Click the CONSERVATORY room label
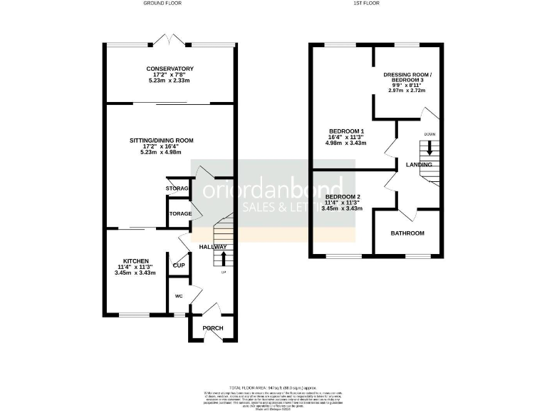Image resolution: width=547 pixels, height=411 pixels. pyautogui.click(x=167, y=68)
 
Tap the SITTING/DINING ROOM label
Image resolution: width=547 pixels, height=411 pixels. pyautogui.click(x=167, y=140)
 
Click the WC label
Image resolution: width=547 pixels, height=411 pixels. pyautogui.click(x=179, y=295)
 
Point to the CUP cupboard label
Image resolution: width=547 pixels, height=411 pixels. pyautogui.click(x=179, y=265)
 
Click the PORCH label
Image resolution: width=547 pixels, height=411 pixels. pyautogui.click(x=213, y=328)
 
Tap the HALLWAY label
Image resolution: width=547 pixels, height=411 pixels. pyautogui.click(x=212, y=247)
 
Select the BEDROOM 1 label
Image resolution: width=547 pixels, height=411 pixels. pyautogui.click(x=346, y=131)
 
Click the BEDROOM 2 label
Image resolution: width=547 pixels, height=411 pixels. pyautogui.click(x=343, y=196)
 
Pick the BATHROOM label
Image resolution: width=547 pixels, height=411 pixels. pyautogui.click(x=407, y=233)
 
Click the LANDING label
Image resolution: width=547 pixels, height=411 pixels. pyautogui.click(x=419, y=165)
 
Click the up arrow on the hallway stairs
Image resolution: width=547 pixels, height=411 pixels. pyautogui.click(x=224, y=258)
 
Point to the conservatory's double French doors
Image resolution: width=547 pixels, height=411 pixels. pyautogui.click(x=166, y=39)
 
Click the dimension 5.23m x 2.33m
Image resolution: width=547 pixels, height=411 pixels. pyautogui.click(x=167, y=81)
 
